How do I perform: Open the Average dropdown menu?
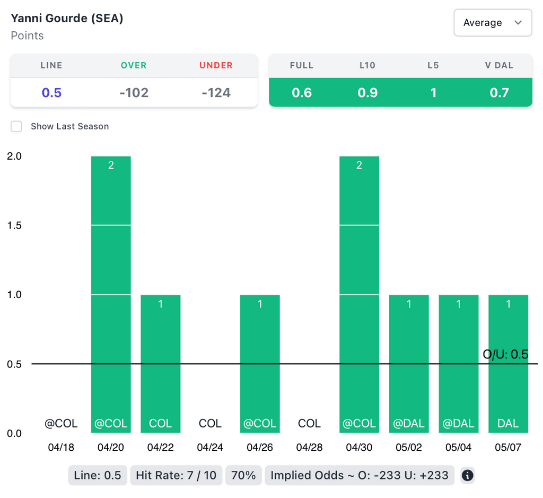(493, 23)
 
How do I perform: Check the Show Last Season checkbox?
(17, 126)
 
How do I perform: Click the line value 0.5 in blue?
(51, 93)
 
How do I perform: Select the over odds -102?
(134, 93)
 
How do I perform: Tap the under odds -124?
(216, 93)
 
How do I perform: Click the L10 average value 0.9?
(367, 93)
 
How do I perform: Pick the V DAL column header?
(499, 66)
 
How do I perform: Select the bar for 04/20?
(111, 294)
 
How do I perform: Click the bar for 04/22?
(160, 363)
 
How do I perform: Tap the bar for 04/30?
(359, 294)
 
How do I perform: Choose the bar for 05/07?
(508, 363)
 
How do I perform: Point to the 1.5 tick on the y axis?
(14, 225)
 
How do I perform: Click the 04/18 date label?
(61, 447)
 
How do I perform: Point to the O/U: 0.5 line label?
(505, 354)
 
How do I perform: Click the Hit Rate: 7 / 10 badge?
(176, 475)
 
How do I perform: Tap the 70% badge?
(244, 475)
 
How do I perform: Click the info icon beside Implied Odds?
(467, 475)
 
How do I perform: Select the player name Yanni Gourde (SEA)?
(67, 18)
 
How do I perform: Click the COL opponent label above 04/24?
(210, 423)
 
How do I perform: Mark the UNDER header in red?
(216, 66)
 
